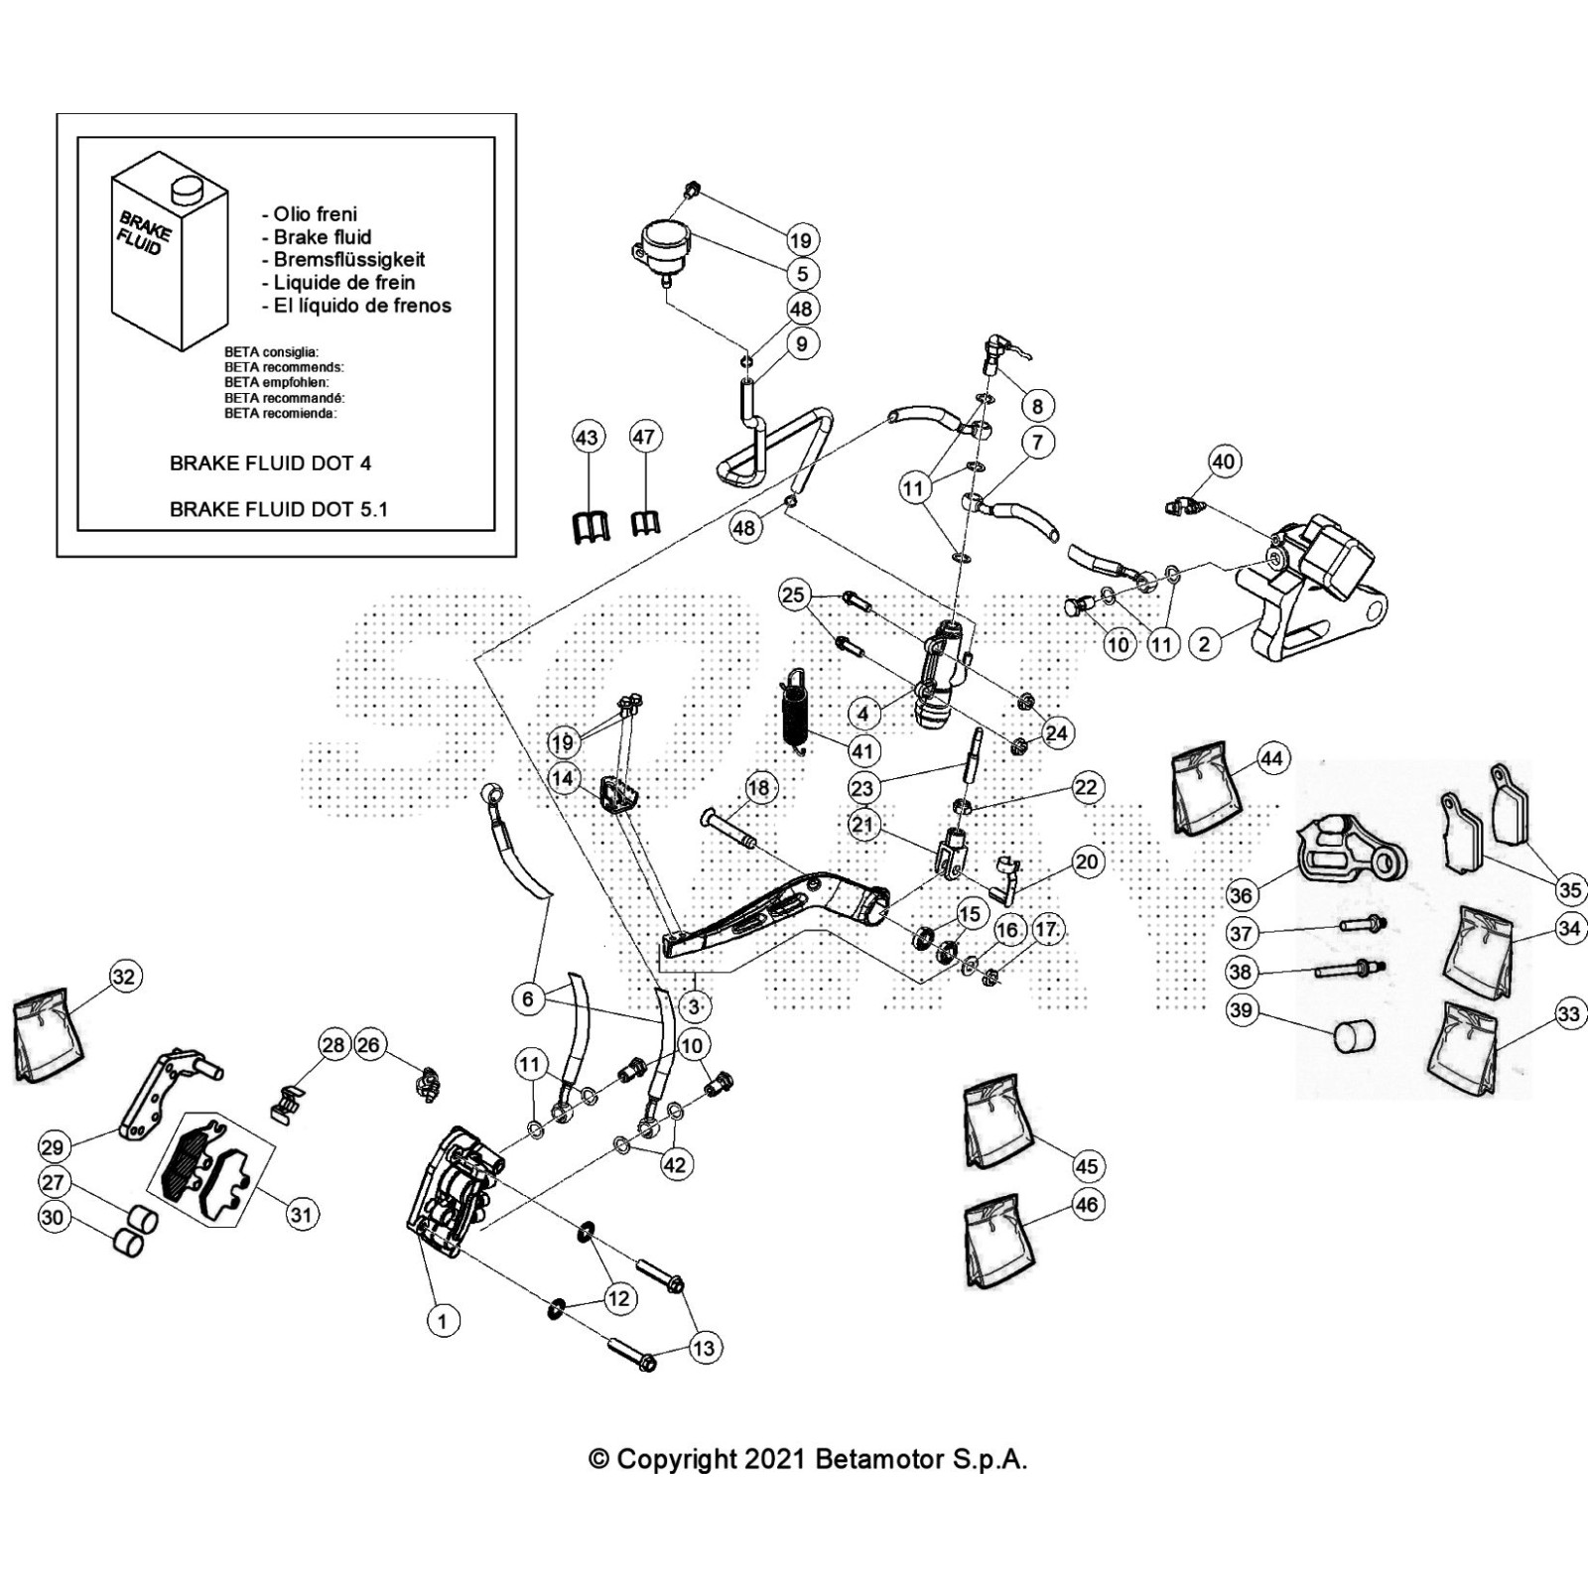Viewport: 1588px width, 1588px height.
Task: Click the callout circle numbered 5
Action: click(802, 273)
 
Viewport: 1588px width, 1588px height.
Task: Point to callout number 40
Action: click(1223, 462)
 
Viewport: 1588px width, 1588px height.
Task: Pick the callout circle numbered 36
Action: click(1241, 895)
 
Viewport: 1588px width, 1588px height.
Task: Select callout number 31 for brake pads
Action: click(301, 1215)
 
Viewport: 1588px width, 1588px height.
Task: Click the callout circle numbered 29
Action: click(52, 1147)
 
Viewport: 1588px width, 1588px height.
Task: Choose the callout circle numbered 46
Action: click(1087, 1205)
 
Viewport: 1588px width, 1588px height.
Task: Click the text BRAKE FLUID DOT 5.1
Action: click(278, 509)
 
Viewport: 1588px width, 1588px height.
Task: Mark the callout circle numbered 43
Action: click(588, 438)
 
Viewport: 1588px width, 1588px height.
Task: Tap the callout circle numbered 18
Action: click(758, 789)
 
